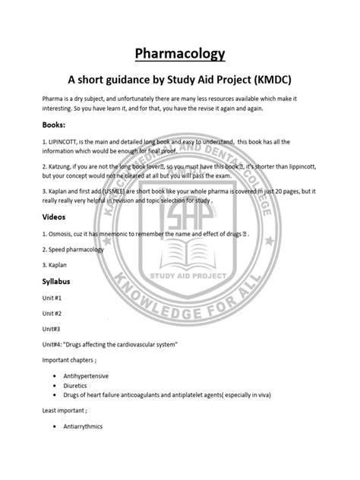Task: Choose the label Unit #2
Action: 52,313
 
